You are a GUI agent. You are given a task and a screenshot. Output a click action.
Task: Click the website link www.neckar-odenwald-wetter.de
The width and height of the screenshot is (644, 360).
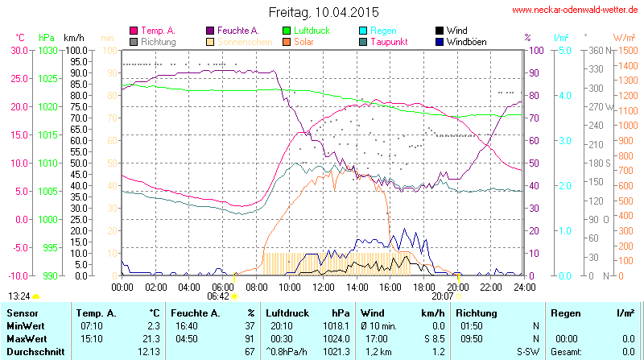pyautogui.click(x=576, y=10)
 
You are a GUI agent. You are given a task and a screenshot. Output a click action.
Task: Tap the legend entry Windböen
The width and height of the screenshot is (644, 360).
pyautogui.click(x=465, y=41)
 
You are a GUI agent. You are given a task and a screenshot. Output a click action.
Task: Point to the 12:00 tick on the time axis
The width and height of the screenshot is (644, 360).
pyautogui.click(x=323, y=287)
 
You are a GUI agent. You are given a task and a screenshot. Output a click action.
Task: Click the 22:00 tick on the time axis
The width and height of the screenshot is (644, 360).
pyautogui.click(x=491, y=287)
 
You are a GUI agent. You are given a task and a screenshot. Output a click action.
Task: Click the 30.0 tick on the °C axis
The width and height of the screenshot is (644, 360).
pyautogui.click(x=19, y=50)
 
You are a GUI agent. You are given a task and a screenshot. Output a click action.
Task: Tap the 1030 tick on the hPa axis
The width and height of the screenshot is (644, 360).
pyautogui.click(x=47, y=50)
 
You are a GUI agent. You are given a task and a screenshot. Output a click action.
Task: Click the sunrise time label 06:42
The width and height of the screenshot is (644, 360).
pyautogui.click(x=218, y=296)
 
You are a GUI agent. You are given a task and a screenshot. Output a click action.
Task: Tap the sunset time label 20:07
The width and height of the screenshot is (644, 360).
pyautogui.click(x=443, y=296)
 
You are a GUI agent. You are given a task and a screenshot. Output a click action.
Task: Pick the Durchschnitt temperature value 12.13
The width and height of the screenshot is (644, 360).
pyautogui.click(x=147, y=352)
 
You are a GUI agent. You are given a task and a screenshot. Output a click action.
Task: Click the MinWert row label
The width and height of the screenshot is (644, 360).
pyautogui.click(x=25, y=325)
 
